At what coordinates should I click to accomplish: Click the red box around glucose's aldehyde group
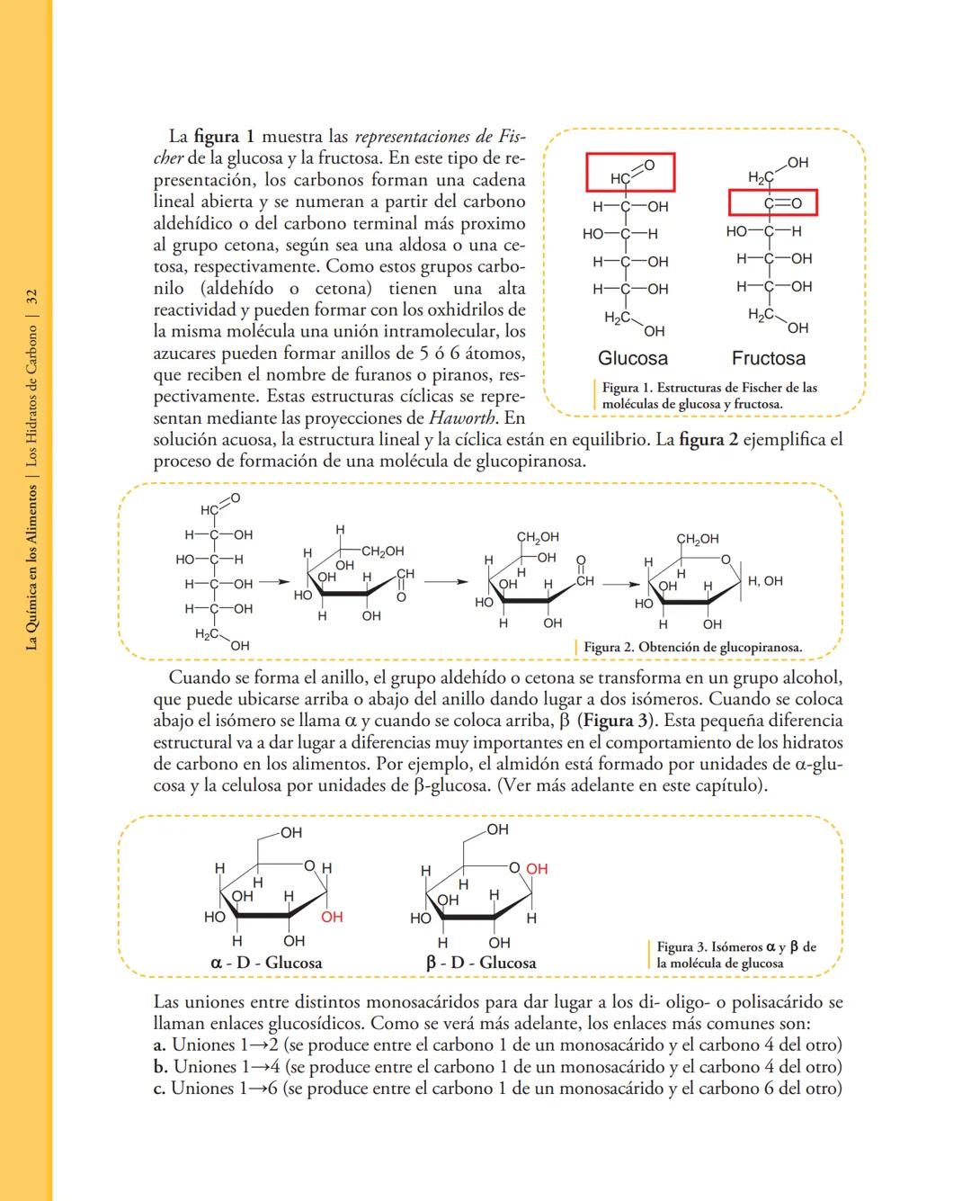[x=630, y=173]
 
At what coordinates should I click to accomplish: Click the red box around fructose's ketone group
[x=772, y=203]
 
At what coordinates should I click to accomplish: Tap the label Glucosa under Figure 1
[x=633, y=358]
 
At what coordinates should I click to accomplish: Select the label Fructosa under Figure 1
[x=768, y=358]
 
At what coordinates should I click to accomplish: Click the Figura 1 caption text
[x=708, y=396]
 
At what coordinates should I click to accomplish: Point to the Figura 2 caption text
[x=692, y=647]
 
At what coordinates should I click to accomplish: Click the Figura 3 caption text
[x=735, y=955]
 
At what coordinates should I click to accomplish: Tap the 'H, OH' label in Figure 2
[x=765, y=581]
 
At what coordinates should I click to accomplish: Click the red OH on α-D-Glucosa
[x=332, y=917]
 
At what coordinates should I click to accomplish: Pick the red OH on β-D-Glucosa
[x=537, y=868]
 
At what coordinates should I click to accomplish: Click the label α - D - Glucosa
[x=266, y=963]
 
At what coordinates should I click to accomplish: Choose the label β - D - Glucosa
[x=481, y=963]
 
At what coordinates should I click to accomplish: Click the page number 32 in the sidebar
[x=31, y=296]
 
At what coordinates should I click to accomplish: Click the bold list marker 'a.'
[x=160, y=1045]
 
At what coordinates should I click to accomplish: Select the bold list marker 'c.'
[x=160, y=1089]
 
